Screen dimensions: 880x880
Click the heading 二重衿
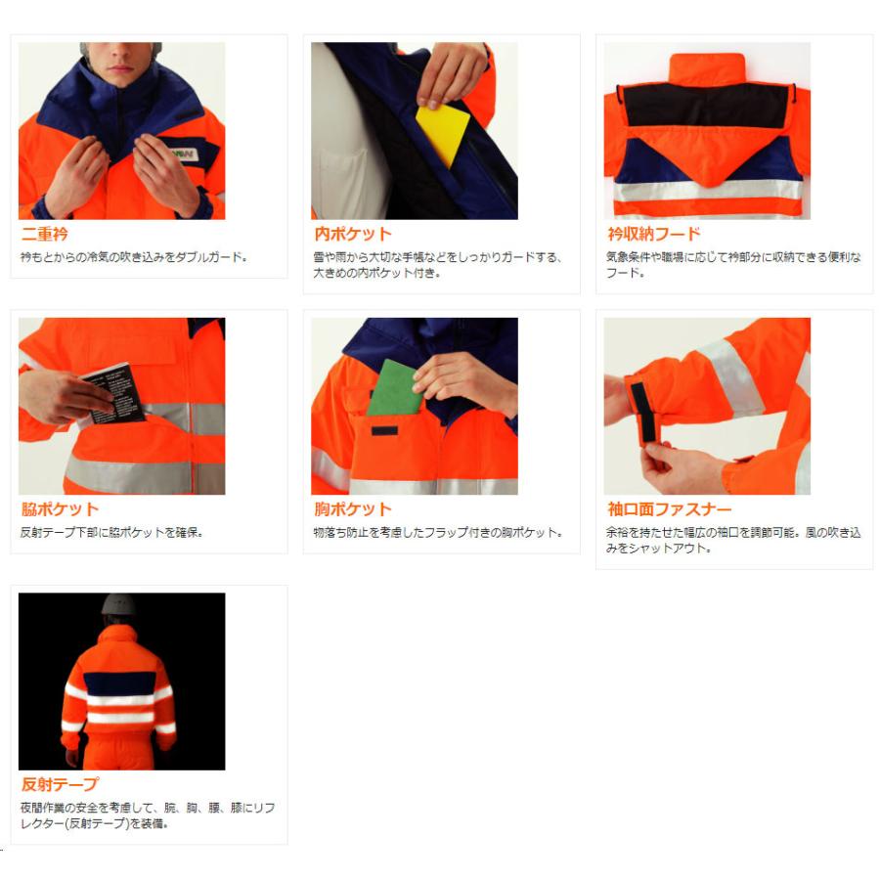pyautogui.click(x=46, y=235)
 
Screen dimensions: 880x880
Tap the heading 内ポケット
pyautogui.click(x=353, y=235)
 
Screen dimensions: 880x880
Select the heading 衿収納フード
pyautogui.click(x=653, y=235)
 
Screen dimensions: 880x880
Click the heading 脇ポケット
pyautogui.click(x=61, y=509)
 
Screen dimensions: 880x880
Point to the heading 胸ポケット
pyautogui.click(x=353, y=509)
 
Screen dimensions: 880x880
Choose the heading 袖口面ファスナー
pyautogui.click(x=669, y=509)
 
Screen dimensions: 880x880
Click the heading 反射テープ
pyautogui.click(x=61, y=785)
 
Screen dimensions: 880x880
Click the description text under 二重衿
pyautogui.click(x=134, y=258)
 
